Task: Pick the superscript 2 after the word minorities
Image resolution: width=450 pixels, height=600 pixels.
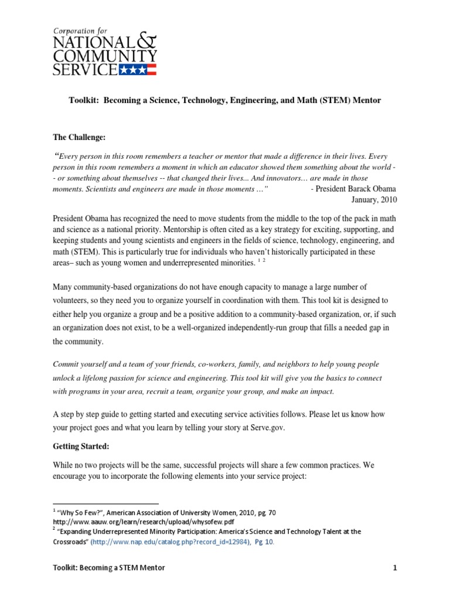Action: tap(264, 261)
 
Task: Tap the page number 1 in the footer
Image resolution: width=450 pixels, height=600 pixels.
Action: tap(396, 568)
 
